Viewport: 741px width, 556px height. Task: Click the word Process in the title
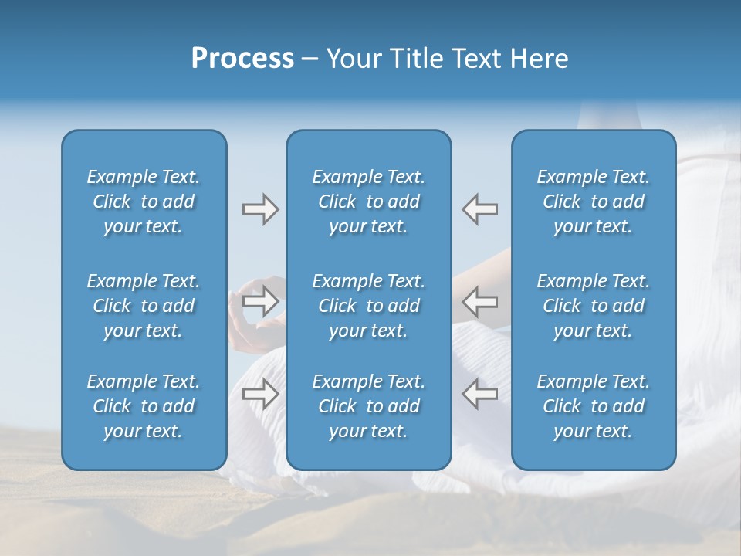[x=242, y=59]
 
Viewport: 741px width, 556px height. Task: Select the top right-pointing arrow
[x=260, y=209]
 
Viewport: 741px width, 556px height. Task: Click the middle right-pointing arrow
[x=260, y=301]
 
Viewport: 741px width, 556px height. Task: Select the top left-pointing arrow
[x=480, y=209]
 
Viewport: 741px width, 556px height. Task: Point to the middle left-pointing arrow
[x=480, y=301]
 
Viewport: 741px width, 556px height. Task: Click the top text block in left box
[x=144, y=202]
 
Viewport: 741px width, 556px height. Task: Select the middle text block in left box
[x=144, y=306]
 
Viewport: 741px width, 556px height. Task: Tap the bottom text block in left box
[x=144, y=406]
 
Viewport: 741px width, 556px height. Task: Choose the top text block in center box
[x=368, y=202]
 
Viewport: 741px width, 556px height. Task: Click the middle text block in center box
[x=368, y=306]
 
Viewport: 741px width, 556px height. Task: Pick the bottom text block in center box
[x=368, y=406]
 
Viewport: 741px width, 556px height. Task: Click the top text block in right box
[x=593, y=202]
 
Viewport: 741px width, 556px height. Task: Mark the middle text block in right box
[x=593, y=306]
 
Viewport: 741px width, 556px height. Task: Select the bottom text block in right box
[x=593, y=406]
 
